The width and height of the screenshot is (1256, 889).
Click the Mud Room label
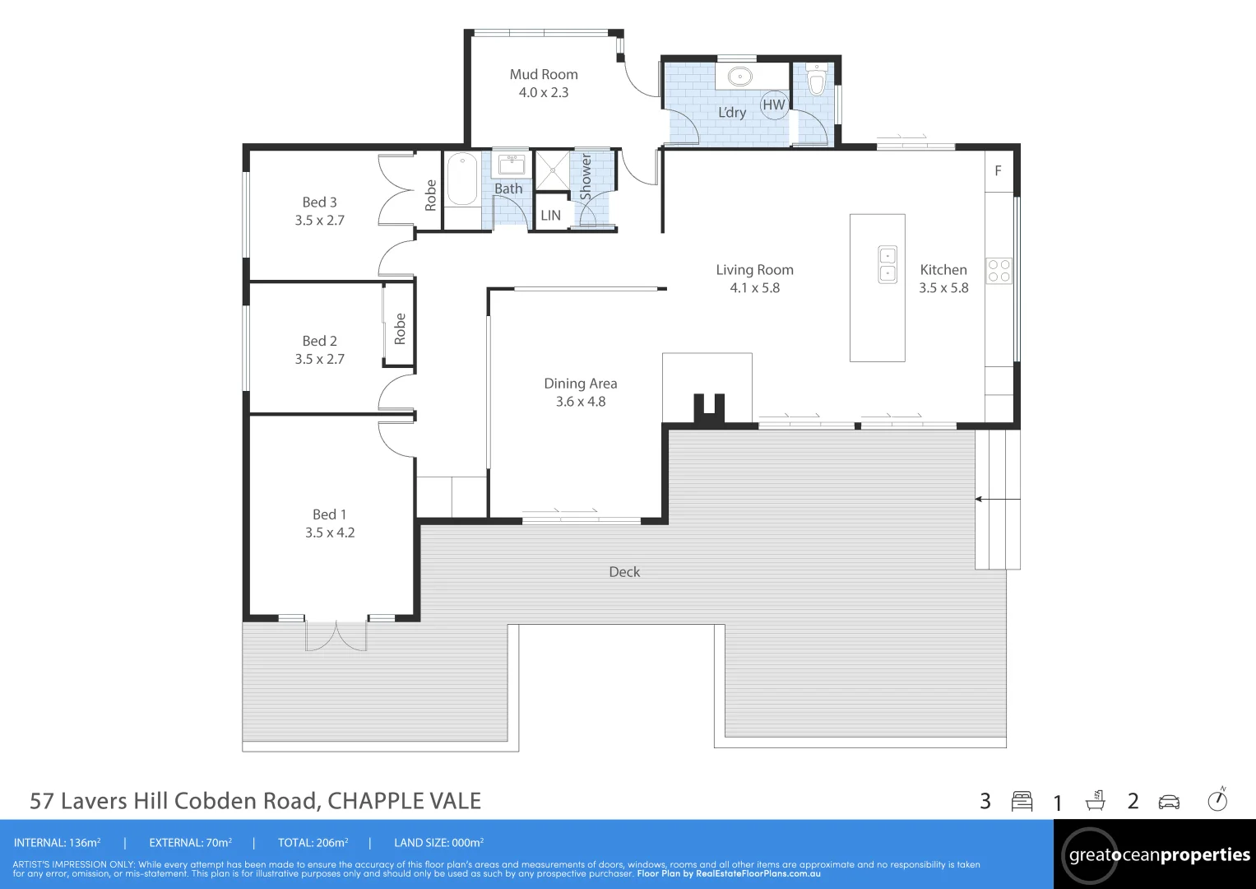pos(543,74)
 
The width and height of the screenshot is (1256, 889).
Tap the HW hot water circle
pos(773,105)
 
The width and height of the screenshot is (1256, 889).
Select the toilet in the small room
pos(816,81)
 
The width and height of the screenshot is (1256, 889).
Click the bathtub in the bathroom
pos(461,180)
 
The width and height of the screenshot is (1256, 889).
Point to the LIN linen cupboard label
pos(550,216)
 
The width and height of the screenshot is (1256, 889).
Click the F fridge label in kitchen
pos(998,171)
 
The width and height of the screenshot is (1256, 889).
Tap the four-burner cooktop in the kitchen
pos(999,271)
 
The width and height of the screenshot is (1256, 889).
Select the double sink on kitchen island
pos(888,264)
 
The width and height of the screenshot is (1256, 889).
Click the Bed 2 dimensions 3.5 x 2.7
pos(319,359)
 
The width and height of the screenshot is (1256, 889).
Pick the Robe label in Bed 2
pos(400,328)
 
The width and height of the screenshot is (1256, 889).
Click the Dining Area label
pos(580,384)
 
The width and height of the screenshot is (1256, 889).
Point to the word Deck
pos(624,572)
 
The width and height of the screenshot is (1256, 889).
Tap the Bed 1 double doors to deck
pos(336,635)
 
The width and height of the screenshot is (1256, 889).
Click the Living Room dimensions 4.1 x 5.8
pos(754,288)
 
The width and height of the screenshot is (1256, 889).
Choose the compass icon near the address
pos(1217,800)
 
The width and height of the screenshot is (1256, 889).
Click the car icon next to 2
pos(1169,802)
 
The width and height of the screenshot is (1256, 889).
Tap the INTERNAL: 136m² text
pos(57,843)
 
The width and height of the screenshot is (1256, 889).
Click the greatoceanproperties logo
pos(1158,855)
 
